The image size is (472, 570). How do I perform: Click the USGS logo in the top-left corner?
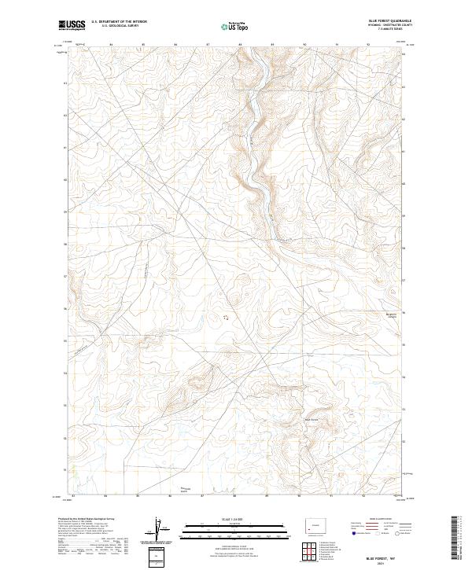click(72, 25)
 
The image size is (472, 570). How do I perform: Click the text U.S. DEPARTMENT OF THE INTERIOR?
click(119, 22)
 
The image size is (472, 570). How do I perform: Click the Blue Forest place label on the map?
click(312, 418)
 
